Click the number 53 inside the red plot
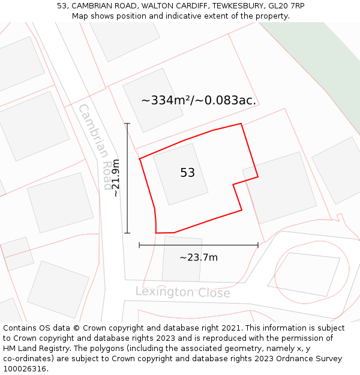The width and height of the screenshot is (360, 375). [187, 173]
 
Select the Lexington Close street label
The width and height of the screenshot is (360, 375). [182, 292]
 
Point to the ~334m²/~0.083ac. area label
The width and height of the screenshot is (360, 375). [199, 100]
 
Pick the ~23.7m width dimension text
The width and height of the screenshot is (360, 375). [199, 257]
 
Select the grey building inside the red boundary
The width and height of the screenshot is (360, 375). [181, 174]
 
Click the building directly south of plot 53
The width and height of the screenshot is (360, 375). [182, 259]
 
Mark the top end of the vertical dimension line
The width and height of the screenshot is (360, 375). [127, 124]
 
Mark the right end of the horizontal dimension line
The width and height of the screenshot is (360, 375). [258, 245]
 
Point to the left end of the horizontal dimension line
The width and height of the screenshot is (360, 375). [139, 245]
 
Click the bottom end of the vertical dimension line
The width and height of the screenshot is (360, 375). [127, 233]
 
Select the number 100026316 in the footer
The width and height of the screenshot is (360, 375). [25, 369]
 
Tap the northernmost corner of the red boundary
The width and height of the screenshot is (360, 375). [241, 124]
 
